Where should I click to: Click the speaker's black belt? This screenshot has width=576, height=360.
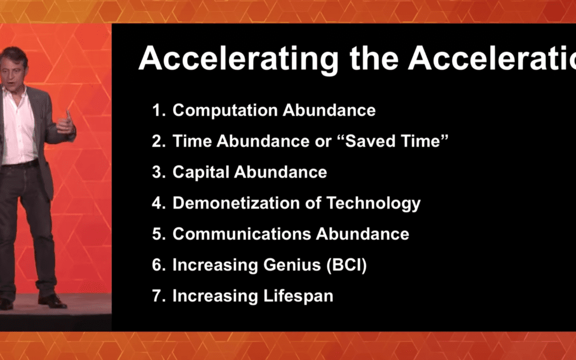(19, 165)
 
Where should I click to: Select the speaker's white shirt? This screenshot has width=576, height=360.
(19, 128)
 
